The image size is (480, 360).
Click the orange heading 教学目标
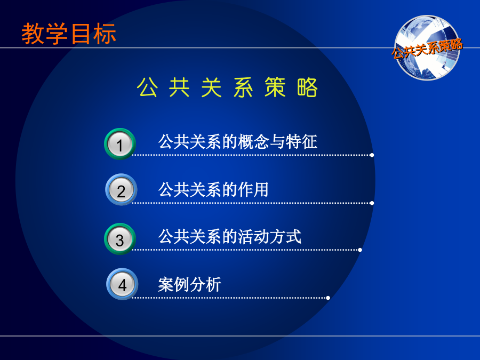point(69,34)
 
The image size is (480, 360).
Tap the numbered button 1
point(119,144)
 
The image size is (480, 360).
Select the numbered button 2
point(121,189)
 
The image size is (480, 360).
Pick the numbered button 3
point(119,239)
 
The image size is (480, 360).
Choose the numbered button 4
point(122,284)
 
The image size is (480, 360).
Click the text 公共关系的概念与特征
point(237,142)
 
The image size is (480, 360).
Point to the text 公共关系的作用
point(213,189)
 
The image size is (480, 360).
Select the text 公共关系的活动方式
point(229,237)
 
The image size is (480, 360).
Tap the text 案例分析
point(189,285)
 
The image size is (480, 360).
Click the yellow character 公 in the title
point(147,87)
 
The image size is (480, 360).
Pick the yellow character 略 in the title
point(307,87)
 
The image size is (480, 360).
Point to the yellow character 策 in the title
point(275,87)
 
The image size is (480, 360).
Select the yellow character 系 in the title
point(243,87)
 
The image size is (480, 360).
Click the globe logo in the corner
point(427,48)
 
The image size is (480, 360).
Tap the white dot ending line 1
point(372,155)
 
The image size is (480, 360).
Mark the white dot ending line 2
point(372,203)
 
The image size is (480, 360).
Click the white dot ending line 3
point(360,250)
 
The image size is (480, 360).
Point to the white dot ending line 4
point(328,298)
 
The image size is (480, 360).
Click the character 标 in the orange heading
point(105,34)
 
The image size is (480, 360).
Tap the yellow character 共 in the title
point(179,87)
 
